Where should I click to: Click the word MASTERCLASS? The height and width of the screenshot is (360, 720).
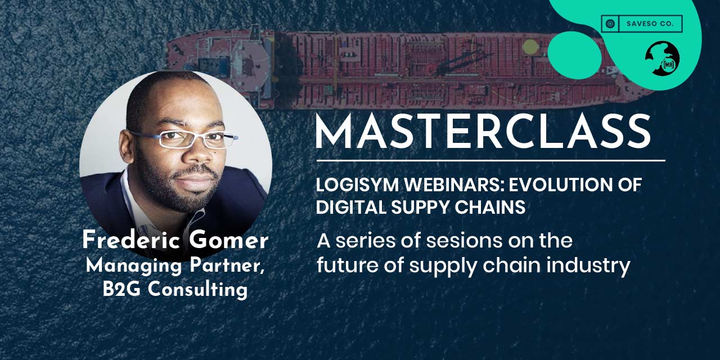[483, 132]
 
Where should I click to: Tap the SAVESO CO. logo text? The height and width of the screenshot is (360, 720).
[650, 24]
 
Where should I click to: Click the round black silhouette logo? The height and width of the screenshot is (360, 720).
[663, 58]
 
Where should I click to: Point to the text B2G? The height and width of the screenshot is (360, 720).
[121, 289]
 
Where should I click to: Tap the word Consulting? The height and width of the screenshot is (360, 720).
[197, 289]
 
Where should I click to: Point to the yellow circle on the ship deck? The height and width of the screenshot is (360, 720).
[530, 47]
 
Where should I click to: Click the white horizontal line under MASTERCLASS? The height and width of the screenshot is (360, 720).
[491, 160]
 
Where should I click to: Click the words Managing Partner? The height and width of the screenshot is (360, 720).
[175, 266]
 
